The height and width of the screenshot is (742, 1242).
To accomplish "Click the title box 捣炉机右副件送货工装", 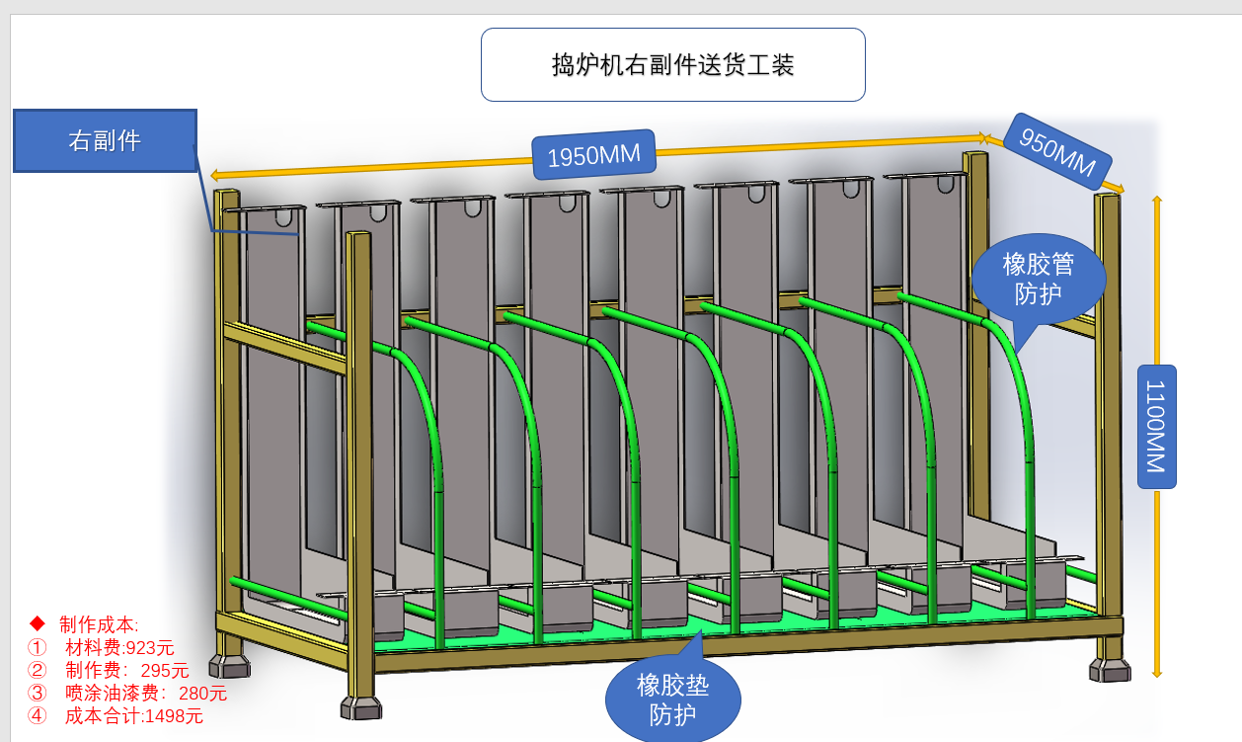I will coord(672,65).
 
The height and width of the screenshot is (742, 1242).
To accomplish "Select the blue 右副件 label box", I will coord(105,140).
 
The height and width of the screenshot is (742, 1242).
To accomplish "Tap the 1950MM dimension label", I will coord(593,155).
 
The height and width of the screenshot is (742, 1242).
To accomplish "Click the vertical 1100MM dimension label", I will coord(1155,427).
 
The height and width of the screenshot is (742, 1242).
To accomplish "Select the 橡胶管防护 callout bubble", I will coord(1038,278).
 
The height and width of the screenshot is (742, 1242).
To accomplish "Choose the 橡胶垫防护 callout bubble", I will coord(672,698).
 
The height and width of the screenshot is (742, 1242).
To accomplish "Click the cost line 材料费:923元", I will coord(119,648).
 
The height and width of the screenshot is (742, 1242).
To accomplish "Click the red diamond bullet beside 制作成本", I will coord(38,623).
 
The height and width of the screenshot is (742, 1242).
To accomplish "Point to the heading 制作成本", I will coord(99,624).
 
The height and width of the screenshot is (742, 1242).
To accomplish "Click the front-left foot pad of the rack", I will coord(360,707).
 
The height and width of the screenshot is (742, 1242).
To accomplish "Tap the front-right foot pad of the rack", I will coord(1110,671).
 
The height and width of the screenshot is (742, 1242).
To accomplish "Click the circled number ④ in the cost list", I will coord(38,716).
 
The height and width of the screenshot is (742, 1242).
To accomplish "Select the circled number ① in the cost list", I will coord(38,648).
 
